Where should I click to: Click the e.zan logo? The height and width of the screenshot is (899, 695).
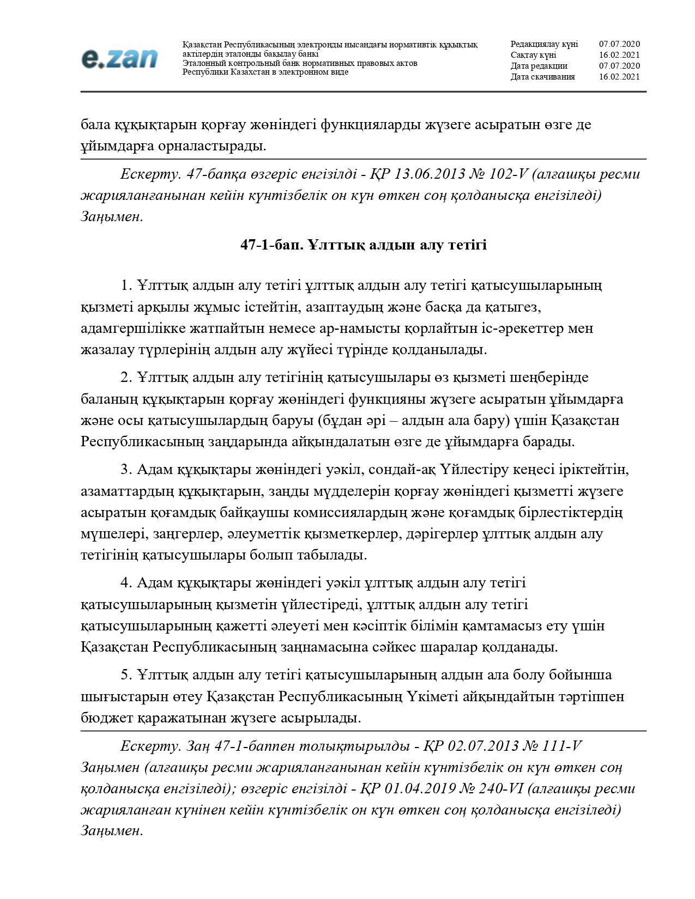pyautogui.click(x=119, y=58)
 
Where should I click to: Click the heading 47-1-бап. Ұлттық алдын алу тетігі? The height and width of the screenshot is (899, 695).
pyautogui.click(x=364, y=245)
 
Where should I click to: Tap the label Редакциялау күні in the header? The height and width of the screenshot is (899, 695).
pyautogui.click(x=543, y=44)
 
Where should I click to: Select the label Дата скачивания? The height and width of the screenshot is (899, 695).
pyautogui.click(x=542, y=77)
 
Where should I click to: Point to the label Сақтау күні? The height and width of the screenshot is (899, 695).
pyautogui.click(x=533, y=55)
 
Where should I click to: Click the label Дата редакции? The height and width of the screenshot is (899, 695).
pyautogui.click(x=539, y=66)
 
